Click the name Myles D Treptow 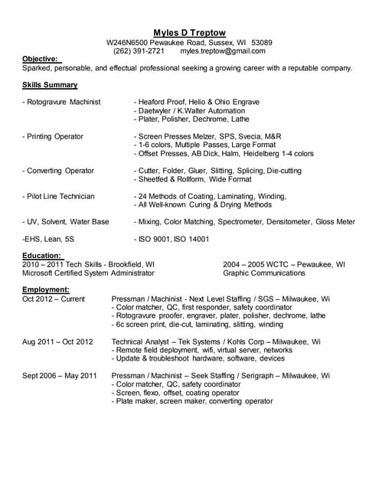(x=189, y=32)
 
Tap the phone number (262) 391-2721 (x=139, y=51)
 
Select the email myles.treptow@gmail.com (x=223, y=51)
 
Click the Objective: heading (x=41, y=59)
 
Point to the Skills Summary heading (x=50, y=85)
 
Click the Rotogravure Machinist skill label (x=61, y=102)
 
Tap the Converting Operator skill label (x=58, y=171)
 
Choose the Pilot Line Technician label (x=59, y=197)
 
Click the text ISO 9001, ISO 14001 (x=172, y=239)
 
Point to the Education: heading (x=42, y=256)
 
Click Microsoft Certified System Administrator (x=89, y=273)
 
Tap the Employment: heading (x=47, y=290)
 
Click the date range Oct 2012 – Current (x=54, y=299)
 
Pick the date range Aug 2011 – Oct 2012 (x=57, y=341)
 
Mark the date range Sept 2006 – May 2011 (x=60, y=376)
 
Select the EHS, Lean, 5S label (x=48, y=239)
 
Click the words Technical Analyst (x=141, y=341)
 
